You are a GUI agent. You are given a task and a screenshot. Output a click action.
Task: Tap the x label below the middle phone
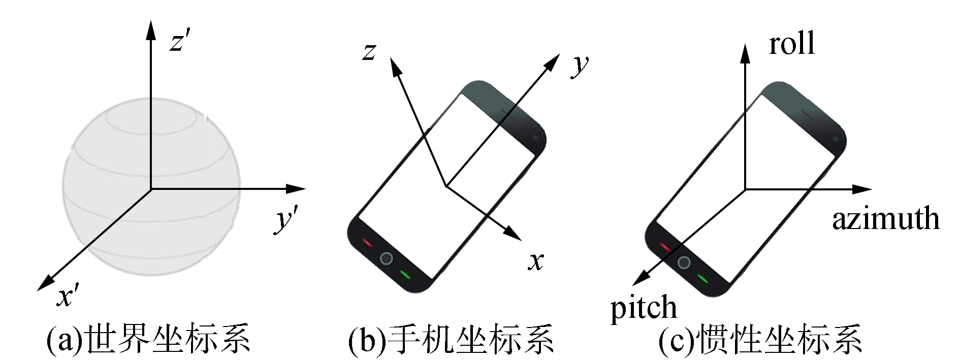point(535,261)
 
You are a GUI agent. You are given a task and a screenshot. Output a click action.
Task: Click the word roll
point(791,43)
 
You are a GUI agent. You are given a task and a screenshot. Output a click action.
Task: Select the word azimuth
point(885,219)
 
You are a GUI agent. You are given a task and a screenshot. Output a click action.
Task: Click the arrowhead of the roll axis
point(745,51)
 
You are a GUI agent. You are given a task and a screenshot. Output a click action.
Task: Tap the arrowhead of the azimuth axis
point(864,189)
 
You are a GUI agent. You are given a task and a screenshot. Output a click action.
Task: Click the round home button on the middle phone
point(387,258)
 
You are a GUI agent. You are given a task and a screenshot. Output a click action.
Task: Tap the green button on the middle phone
point(405,275)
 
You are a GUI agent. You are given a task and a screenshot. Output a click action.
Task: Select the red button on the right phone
point(664,247)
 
